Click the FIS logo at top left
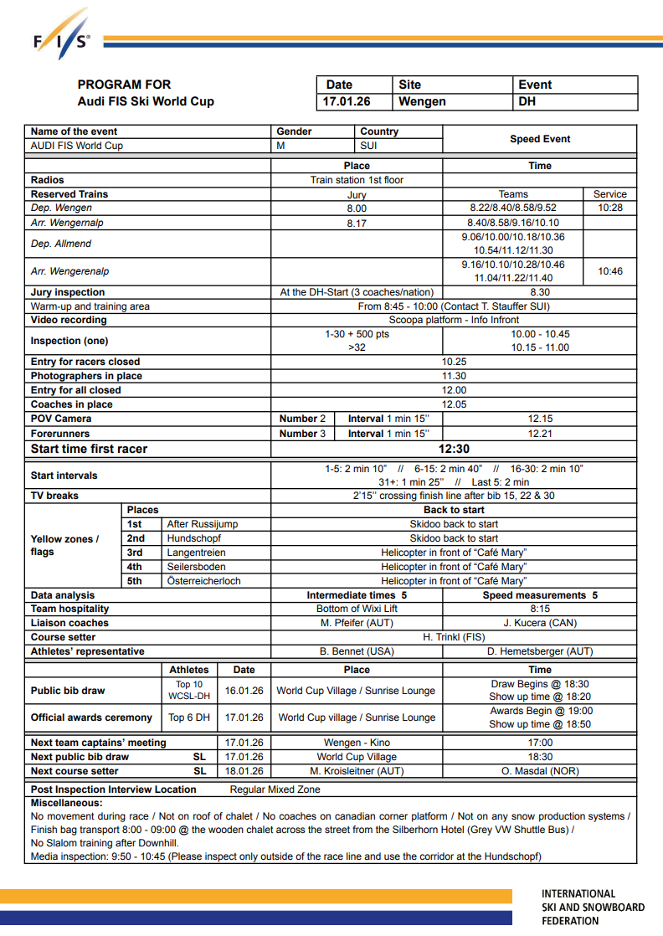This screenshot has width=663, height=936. pos(61,38)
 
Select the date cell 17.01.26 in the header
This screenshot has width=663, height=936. pos(347,101)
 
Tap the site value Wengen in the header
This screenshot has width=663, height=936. pos(422,101)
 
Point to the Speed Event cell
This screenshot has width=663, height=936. pos(539,139)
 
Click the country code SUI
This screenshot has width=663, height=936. pos(368,146)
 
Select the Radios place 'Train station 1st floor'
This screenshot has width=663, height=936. pos(357,180)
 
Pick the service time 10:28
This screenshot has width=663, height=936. pos(609,208)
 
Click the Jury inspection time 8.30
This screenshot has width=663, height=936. pos(540,292)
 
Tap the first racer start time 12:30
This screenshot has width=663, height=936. pos(454,449)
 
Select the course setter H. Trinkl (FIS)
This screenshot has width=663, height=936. pos(454,637)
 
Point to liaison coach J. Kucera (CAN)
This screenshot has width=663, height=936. pos(540,623)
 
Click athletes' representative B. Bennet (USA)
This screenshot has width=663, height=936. pos(357,651)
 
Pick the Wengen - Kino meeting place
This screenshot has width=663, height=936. pos(357,743)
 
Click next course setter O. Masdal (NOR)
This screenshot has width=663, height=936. pos(540,771)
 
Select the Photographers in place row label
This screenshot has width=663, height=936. pos(86,377)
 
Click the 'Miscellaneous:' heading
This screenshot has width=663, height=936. pos(66,803)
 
